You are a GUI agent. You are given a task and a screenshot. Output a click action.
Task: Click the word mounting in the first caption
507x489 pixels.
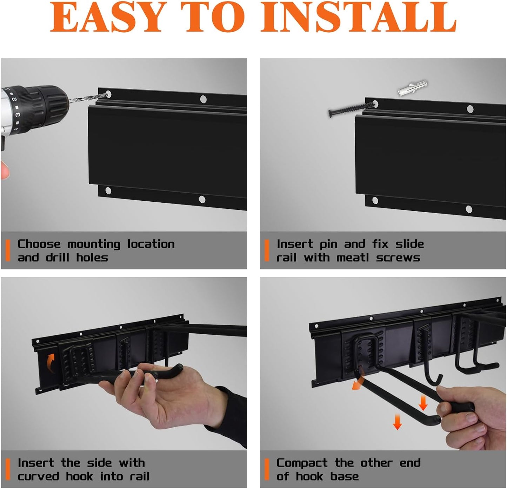94,244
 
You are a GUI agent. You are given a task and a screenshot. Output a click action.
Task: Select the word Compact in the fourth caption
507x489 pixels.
302,463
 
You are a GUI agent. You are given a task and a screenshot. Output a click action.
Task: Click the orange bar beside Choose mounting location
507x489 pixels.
8,250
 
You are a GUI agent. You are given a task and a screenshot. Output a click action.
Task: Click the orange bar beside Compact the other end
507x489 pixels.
267,469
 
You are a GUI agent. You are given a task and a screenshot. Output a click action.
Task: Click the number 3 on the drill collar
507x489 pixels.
18,114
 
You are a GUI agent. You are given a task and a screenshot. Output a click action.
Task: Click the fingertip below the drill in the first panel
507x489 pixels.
4,170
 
